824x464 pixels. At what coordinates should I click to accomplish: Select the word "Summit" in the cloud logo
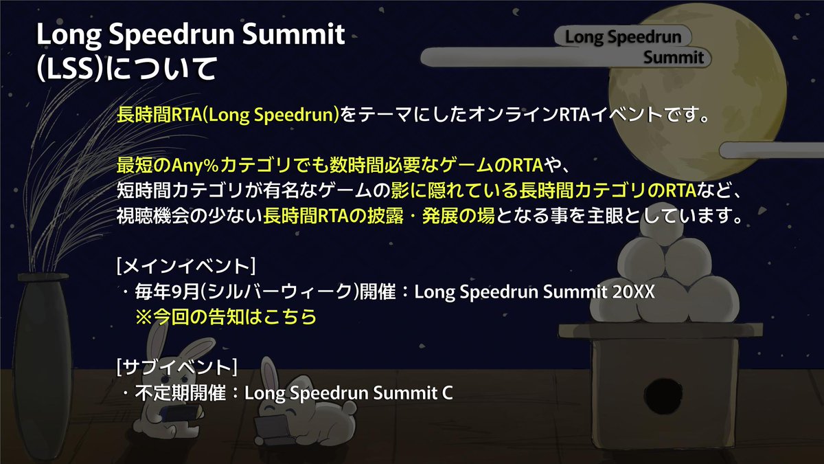click(x=673, y=58)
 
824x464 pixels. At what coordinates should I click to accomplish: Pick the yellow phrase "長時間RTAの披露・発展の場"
click(x=379, y=216)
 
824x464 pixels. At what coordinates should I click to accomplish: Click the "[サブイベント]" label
click(x=178, y=368)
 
